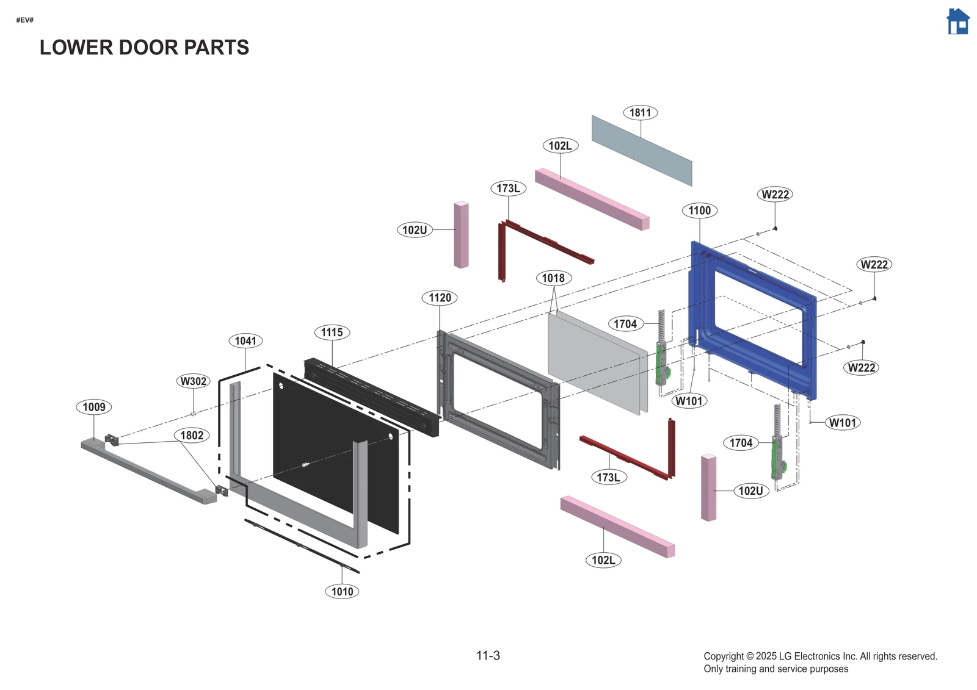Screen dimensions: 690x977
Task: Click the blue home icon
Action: coord(957,21)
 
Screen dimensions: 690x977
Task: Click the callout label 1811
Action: coord(640,112)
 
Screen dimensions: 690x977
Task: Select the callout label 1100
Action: coord(699,210)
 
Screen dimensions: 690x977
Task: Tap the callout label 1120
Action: coord(440,298)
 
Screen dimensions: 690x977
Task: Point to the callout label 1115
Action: coord(332,332)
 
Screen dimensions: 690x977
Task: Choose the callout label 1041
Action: coord(245,341)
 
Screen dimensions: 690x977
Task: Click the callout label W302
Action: coord(194,381)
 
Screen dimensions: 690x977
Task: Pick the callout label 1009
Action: coord(94,407)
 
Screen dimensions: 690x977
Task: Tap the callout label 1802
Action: coord(192,436)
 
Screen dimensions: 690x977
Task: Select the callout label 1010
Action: coord(342,591)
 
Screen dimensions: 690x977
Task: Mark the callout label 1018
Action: coord(553,278)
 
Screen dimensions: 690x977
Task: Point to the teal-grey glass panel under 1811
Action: coord(641,149)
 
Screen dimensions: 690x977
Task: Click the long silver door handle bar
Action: coord(147,470)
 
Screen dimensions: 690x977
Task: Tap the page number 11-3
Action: coord(488,656)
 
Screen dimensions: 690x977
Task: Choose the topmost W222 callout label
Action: coord(775,195)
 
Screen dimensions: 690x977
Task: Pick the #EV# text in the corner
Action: coord(25,20)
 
